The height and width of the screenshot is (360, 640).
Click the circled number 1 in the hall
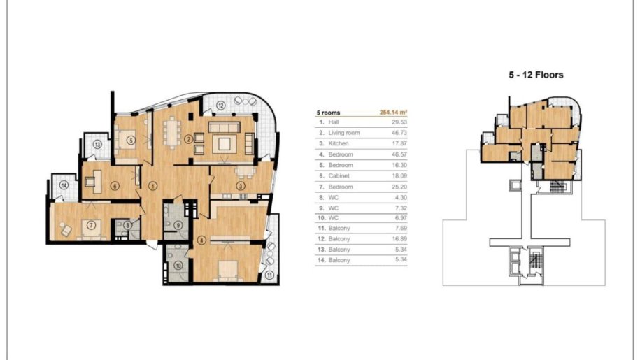[152, 186]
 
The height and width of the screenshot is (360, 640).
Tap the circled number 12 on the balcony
[220, 106]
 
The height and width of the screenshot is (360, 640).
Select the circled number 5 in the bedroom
[131, 141]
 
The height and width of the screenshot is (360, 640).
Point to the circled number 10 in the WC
[178, 266]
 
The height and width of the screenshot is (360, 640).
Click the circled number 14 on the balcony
[64, 185]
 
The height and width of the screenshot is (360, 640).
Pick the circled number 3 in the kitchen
[241, 187]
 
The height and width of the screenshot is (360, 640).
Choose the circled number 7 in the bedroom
[92, 224]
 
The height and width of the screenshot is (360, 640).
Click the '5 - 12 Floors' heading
[536, 75]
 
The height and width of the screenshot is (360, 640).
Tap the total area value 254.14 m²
[394, 112]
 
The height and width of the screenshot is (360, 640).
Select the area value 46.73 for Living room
[399, 133]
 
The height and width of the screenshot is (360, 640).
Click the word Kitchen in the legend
[339, 143]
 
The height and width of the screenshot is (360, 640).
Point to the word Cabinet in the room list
[339, 175]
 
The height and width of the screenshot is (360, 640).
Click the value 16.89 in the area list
[399, 239]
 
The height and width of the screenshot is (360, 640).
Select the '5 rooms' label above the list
[328, 113]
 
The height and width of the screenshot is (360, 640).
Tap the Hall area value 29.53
[399, 122]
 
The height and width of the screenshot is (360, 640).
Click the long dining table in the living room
[172, 131]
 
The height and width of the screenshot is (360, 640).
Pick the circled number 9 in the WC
[178, 224]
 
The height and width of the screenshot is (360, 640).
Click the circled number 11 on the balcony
[269, 275]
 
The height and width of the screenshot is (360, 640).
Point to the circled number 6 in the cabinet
[115, 186]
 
